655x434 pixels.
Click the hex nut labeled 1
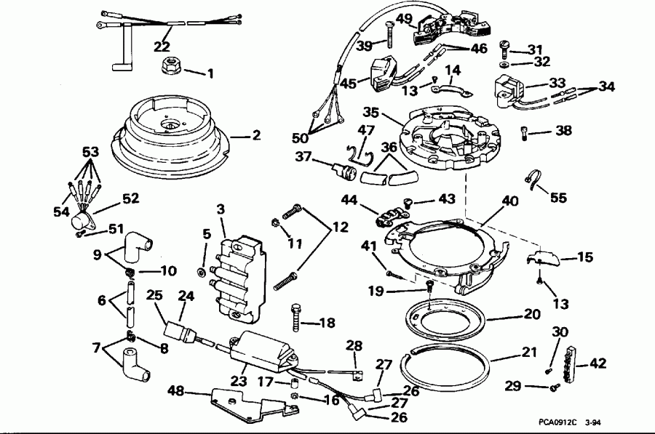point(170,68)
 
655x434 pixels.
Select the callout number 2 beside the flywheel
point(255,134)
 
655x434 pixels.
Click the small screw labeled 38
point(526,133)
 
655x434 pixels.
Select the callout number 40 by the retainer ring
point(509,202)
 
